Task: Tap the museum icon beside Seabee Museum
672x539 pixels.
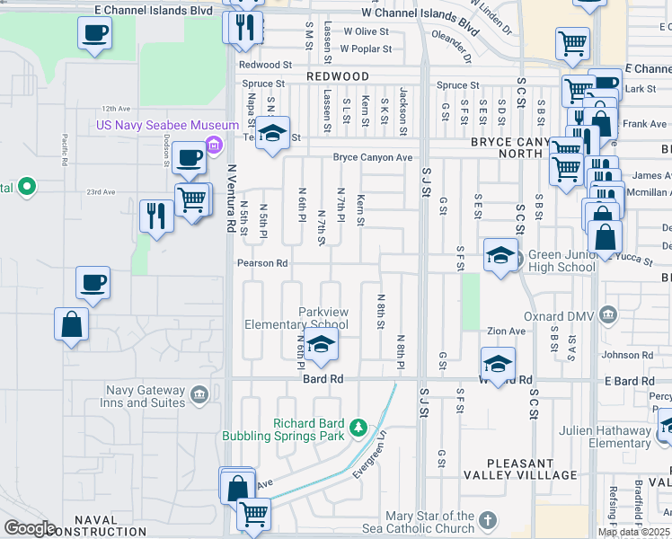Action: (214, 145)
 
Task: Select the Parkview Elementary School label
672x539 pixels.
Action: (297, 317)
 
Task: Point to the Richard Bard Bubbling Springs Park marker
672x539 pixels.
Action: (358, 426)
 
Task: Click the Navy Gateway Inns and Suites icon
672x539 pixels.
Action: (199, 393)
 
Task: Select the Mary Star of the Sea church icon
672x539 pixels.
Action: (487, 520)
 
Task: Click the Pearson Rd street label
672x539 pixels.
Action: (261, 263)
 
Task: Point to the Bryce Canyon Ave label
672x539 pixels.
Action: (372, 158)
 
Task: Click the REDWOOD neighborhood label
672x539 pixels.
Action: (338, 77)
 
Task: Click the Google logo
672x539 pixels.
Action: (30, 528)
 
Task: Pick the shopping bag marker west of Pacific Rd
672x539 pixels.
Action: (71, 324)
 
